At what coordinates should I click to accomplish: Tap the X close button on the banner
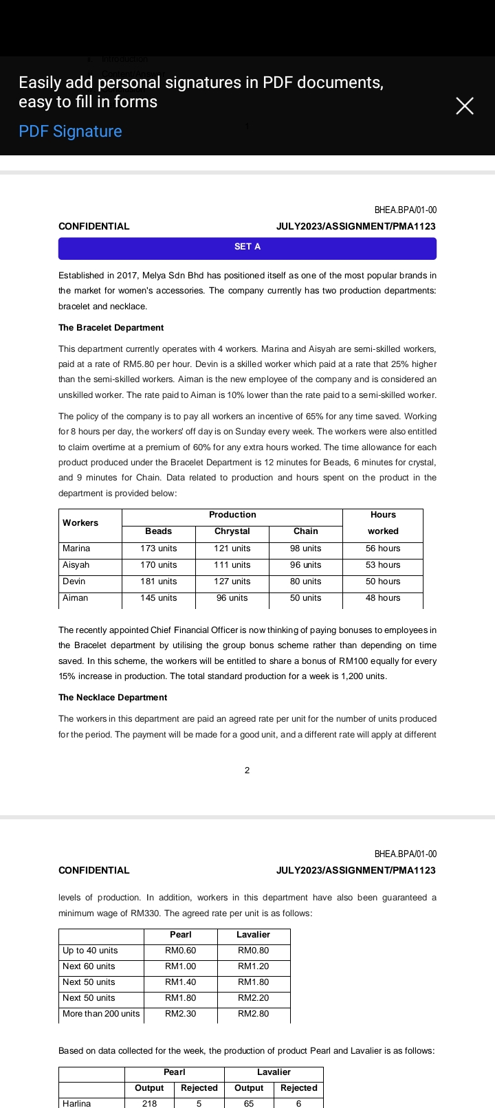(465, 106)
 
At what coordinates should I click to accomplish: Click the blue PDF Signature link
(70, 131)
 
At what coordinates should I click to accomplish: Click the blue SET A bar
(247, 247)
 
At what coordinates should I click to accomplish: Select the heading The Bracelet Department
(111, 328)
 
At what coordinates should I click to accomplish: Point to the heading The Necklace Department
(113, 698)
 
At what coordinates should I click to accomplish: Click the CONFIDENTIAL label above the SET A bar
(93, 226)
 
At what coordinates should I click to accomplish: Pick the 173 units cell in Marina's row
(158, 549)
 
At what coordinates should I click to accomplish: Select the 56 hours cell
(383, 549)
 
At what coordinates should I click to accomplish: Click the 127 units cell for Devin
(232, 581)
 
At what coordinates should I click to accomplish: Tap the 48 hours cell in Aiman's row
(383, 598)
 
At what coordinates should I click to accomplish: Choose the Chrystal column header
(232, 531)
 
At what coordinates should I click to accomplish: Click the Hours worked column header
(383, 523)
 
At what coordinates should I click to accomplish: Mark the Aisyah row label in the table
(76, 565)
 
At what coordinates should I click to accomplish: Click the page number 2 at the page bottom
(247, 771)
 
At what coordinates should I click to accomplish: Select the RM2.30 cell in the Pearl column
(180, 1014)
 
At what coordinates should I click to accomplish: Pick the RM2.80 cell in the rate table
(253, 1014)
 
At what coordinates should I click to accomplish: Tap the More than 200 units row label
(101, 1014)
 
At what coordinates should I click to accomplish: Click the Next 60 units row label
(89, 966)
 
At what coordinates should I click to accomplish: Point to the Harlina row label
(76, 1103)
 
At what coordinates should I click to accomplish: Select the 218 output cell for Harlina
(149, 1103)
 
